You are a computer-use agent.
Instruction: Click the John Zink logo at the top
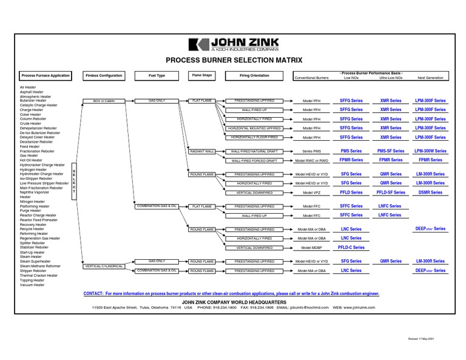click(234, 44)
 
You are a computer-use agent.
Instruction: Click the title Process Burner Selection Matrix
click(234, 60)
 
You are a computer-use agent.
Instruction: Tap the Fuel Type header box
click(157, 76)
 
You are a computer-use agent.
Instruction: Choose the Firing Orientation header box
click(255, 76)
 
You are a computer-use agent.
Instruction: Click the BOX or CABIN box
click(104, 100)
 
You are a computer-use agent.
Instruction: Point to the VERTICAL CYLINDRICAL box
click(104, 266)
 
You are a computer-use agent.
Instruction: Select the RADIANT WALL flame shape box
click(202, 151)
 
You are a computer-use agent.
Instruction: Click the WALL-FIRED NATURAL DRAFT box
click(254, 151)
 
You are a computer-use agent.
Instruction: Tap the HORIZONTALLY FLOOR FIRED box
click(254, 137)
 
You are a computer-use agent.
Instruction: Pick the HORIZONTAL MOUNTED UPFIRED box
click(254, 128)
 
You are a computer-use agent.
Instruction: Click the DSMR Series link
click(430, 192)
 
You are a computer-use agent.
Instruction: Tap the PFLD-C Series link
click(351, 247)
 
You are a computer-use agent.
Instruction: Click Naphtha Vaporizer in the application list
click(35, 192)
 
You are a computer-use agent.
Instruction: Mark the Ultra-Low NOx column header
click(391, 78)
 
